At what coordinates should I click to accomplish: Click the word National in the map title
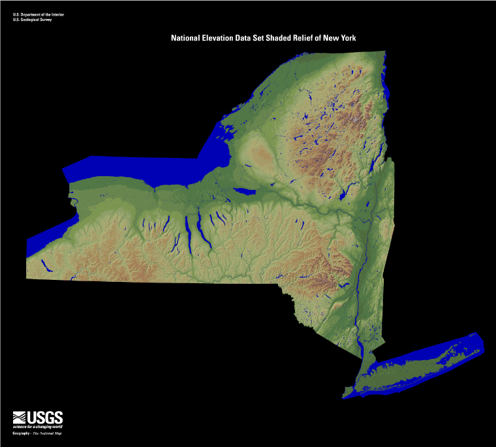(x=187, y=39)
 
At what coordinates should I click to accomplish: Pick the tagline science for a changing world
(x=38, y=426)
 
